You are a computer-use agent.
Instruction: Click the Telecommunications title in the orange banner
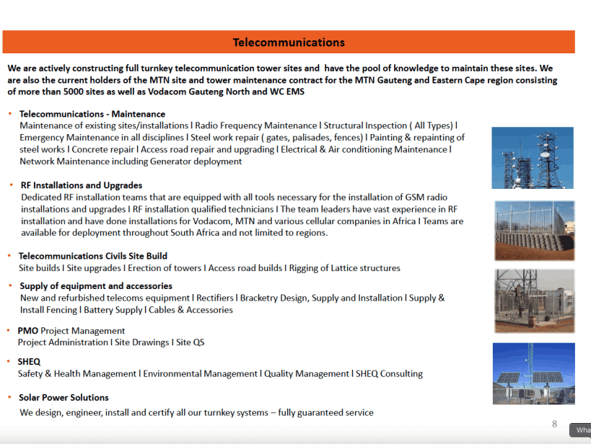[288, 43]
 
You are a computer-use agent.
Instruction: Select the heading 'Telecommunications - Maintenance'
[92, 114]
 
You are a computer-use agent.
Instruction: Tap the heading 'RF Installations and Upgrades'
[82, 185]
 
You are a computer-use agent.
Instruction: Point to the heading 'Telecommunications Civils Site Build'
[92, 256]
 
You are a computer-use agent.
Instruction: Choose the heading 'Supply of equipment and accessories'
[95, 286]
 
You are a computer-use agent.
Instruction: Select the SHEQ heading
[30, 362]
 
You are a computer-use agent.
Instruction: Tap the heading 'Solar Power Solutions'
[64, 398]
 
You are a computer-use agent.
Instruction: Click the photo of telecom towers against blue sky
[532, 158]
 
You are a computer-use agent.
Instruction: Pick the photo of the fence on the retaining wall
[534, 230]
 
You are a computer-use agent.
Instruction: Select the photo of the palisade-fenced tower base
[534, 301]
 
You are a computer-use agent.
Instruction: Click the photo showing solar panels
[533, 373]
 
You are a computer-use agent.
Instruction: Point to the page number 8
[554, 424]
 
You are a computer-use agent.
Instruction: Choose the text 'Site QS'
[190, 342]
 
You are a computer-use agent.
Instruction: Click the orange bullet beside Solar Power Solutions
[9, 397]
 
